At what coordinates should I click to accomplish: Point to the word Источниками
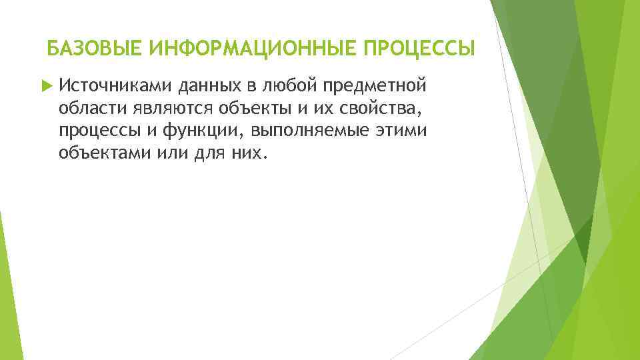[x=115, y=85]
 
